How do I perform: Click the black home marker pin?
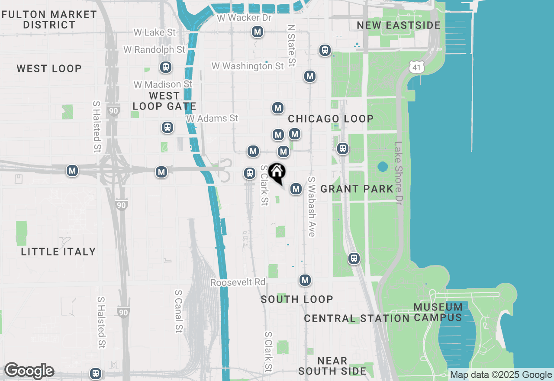point(277,172)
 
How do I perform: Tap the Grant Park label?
point(357,189)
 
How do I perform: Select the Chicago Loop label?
point(331,119)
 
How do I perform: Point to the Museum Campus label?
point(438,312)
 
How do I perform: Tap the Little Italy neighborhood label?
point(58,252)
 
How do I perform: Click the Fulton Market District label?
point(49,19)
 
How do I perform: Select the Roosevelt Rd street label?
point(238,282)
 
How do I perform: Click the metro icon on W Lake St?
point(258,32)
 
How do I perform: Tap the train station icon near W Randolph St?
point(165,67)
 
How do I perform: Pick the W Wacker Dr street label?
point(244,18)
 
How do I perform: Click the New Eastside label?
point(399,25)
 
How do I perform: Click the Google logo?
point(29,371)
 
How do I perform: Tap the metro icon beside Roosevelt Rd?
point(305,280)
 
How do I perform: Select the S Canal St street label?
point(178,311)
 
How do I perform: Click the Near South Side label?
point(332,366)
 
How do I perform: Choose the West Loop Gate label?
point(164,101)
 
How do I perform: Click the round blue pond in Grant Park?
point(383,166)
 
